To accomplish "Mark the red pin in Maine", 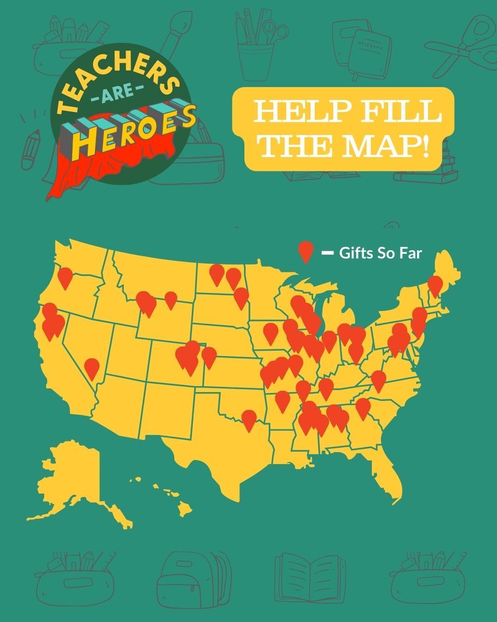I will click(435, 285).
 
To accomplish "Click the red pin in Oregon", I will click(65, 277).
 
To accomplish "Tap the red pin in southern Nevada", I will click(92, 367).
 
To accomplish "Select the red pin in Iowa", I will click(270, 332).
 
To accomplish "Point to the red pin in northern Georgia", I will click(363, 407).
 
